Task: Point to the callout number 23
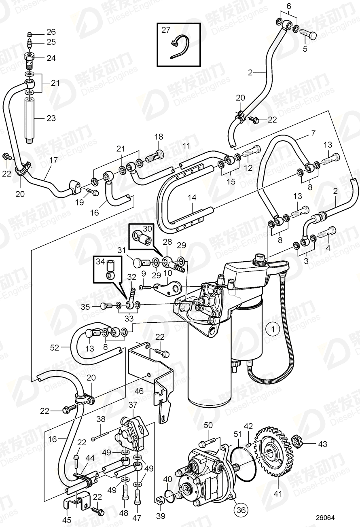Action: tap(51, 119)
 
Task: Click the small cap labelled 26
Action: tap(29, 33)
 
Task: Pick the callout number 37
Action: tap(133, 405)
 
